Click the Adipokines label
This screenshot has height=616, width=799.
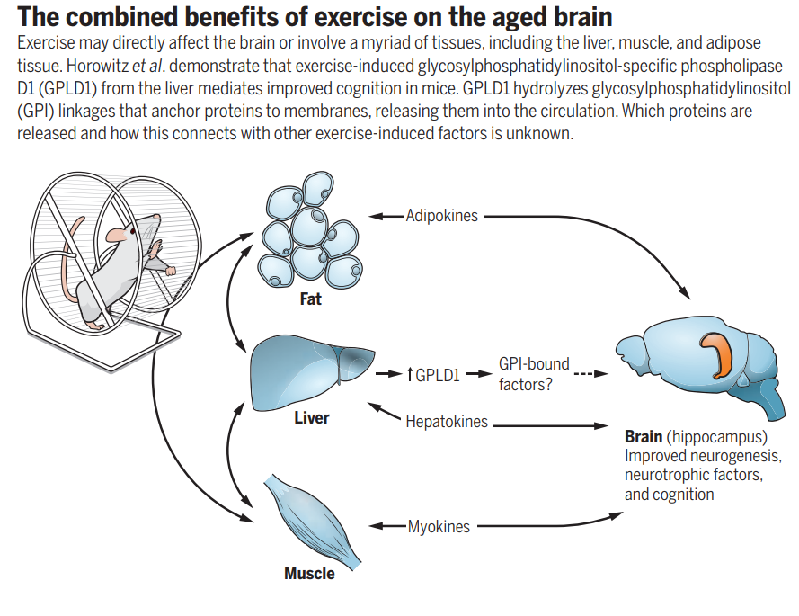click(x=441, y=216)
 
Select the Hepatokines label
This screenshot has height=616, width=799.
click(x=447, y=421)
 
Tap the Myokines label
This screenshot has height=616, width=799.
click(x=439, y=527)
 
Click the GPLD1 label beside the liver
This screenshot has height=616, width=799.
click(x=438, y=375)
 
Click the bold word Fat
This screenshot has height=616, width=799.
click(x=311, y=299)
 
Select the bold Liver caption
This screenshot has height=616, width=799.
click(x=312, y=418)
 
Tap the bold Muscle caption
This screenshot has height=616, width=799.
click(x=309, y=573)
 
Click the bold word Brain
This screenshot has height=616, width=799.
click(x=644, y=438)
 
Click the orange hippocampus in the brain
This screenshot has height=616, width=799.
click(x=721, y=353)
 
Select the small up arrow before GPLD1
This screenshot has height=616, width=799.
click(x=409, y=375)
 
